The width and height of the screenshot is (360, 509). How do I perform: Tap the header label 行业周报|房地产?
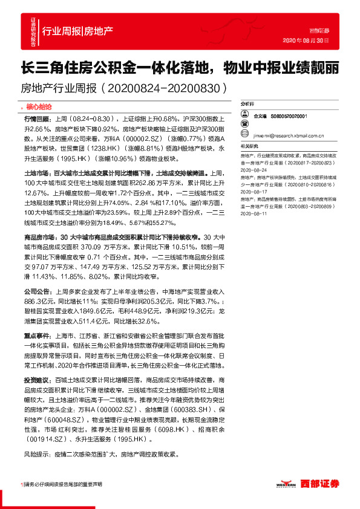[x=77, y=31]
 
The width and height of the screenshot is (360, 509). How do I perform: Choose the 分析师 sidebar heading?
[x=248, y=104]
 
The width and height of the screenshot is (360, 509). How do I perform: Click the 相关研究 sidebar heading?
[x=249, y=146]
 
